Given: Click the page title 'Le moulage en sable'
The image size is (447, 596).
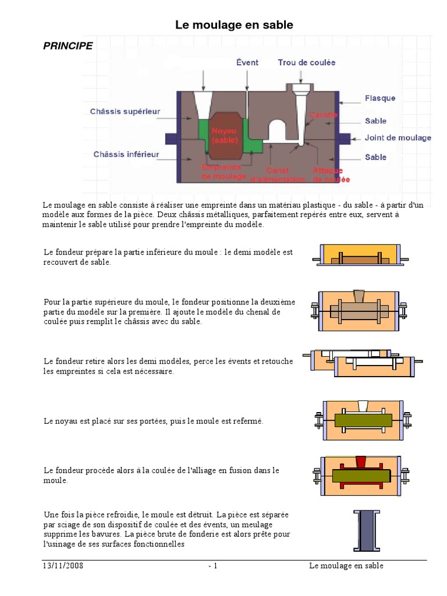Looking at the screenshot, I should [234, 25].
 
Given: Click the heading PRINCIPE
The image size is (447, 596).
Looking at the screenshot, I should [68, 46].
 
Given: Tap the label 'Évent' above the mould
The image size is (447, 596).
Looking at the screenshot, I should [247, 62].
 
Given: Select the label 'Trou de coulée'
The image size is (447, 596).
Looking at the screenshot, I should [306, 62].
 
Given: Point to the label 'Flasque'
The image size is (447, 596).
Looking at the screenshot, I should [379, 98].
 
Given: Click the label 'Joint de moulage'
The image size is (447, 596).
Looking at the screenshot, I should [398, 138].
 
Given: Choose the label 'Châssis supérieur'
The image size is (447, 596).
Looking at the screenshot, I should [125, 111].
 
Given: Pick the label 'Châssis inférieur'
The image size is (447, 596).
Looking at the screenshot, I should [126, 154].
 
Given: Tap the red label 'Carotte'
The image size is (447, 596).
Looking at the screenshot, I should [323, 115].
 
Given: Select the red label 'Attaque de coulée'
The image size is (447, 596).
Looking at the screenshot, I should [331, 175].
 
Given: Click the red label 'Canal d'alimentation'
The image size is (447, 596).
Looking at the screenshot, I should [277, 175].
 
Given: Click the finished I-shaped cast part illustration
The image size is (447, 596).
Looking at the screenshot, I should [366, 530].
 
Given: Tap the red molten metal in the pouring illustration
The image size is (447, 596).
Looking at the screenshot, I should [361, 462].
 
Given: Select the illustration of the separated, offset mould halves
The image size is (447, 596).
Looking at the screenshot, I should [362, 363].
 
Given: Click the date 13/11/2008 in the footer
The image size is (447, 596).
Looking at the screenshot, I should [63, 566].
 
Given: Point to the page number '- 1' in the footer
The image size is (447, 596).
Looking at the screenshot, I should [212, 566].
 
